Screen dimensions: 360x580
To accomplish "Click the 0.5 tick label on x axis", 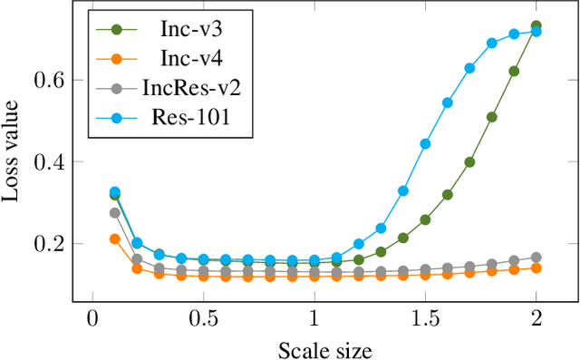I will point(203,320).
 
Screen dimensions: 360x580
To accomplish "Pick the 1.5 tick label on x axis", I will point(426,320).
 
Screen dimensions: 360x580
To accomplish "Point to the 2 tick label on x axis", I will point(536,320).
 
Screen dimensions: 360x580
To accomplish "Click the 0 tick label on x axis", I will point(92,320).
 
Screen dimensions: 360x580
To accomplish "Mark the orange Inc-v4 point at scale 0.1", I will point(115,238).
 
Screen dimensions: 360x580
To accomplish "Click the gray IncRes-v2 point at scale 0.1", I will point(115,213).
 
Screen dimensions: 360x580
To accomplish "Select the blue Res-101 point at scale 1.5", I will point(426,143).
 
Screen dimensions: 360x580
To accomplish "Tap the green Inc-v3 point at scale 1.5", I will point(426,219).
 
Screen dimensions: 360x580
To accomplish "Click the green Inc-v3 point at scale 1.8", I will point(492,117).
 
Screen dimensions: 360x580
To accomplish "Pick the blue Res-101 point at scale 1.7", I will point(470,68).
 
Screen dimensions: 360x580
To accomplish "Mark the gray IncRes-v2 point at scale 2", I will point(536,258).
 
